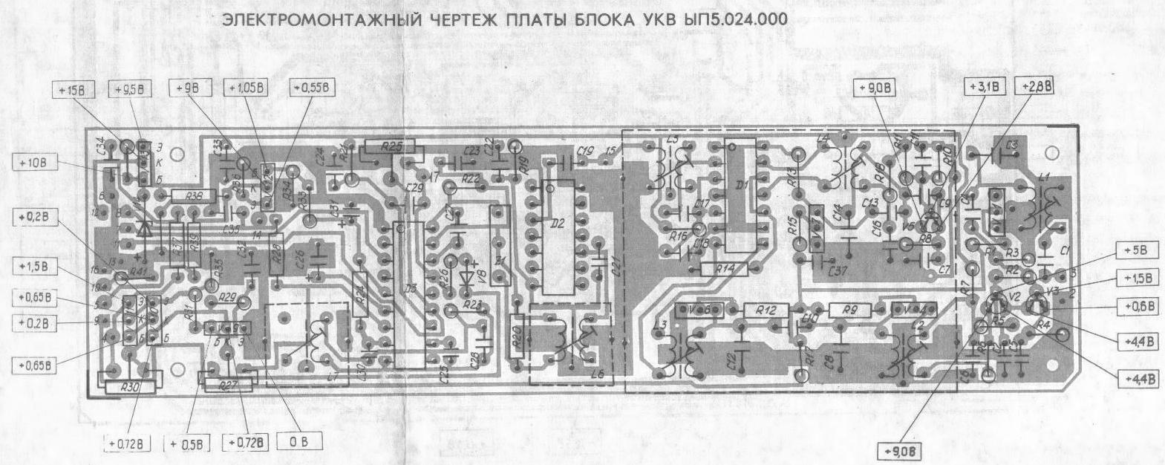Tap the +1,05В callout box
coord(248,88)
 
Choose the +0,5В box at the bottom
coord(185,443)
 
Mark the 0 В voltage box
coord(300,442)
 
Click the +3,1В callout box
coord(985,87)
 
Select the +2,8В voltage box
coord(1036,86)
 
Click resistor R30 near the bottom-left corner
coord(129,386)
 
